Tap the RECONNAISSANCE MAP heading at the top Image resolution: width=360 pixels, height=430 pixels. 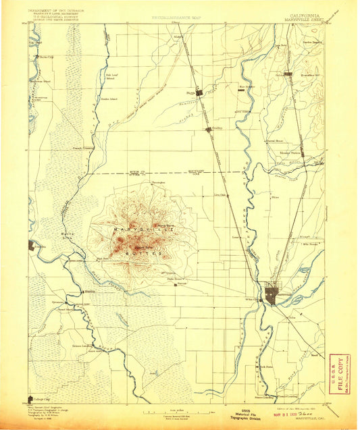(178, 16)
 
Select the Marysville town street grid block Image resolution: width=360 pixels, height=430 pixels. (273, 294)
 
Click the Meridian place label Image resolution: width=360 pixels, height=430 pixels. (89, 292)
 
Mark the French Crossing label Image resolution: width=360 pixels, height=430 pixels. (83, 144)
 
